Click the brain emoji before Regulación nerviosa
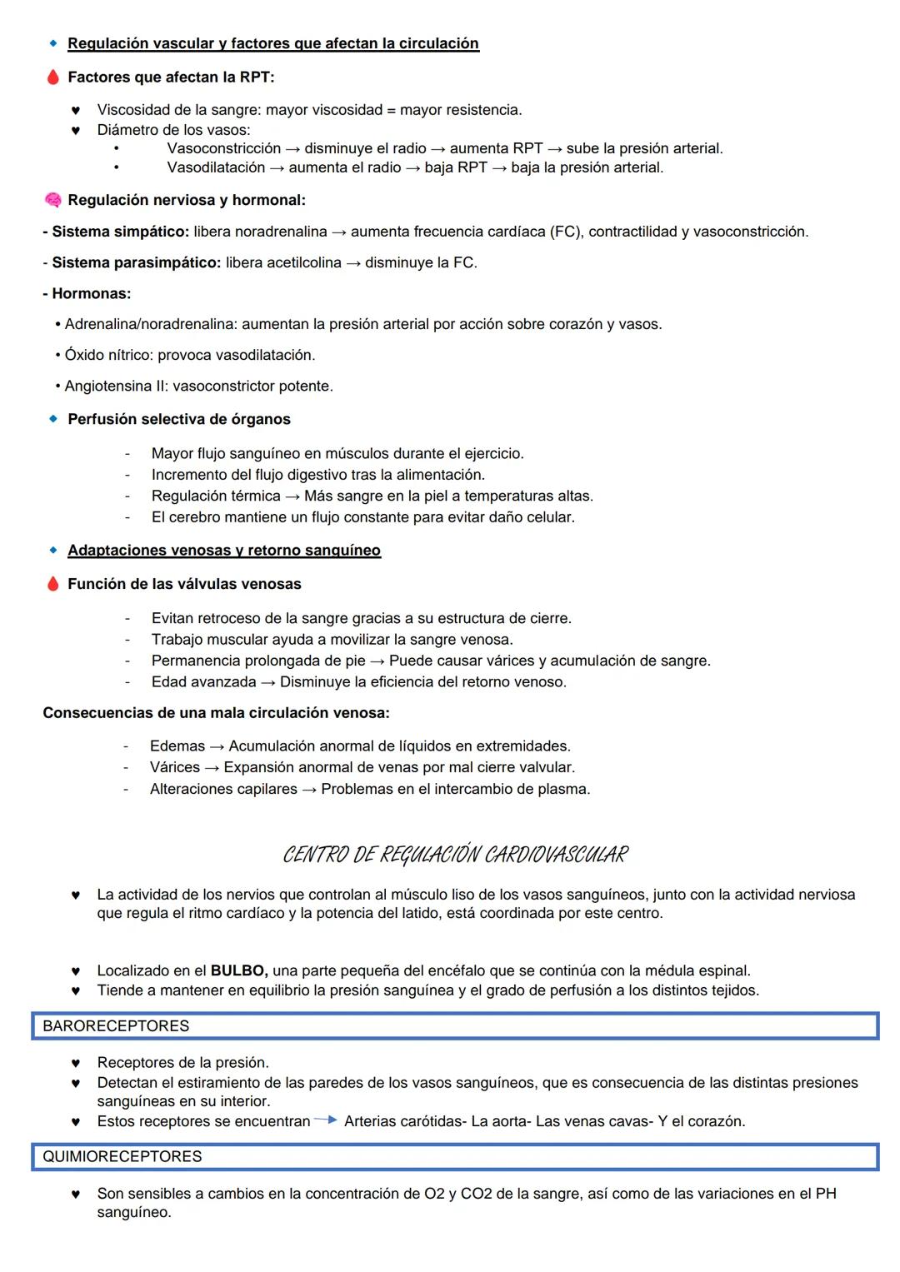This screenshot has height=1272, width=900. coord(52,201)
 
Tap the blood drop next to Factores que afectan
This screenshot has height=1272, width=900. coord(52,77)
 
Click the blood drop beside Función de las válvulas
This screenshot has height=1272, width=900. coord(52,584)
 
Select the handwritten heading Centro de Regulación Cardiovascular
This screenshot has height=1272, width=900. coord(455,855)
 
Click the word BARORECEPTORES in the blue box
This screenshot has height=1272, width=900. coord(116,1026)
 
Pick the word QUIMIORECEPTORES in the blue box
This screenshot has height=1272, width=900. coord(122,1157)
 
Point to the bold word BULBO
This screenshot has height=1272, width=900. coord(238,970)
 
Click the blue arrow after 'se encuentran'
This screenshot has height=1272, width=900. coord(326,1120)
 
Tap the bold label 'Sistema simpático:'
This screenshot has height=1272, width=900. coord(120,232)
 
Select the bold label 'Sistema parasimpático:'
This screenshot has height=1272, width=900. coord(136,262)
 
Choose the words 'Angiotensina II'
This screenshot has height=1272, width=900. coord(115,386)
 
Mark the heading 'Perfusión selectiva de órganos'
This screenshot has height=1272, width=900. coord(179,419)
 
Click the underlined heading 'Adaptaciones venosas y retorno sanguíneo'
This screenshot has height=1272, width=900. coord(224,551)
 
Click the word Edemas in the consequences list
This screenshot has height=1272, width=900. coord(177,746)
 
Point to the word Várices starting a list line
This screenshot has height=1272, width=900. coord(174,767)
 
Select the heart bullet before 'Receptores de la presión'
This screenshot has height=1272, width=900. coord(75,1064)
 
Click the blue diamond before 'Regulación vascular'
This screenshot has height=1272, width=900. coord(53,43)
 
